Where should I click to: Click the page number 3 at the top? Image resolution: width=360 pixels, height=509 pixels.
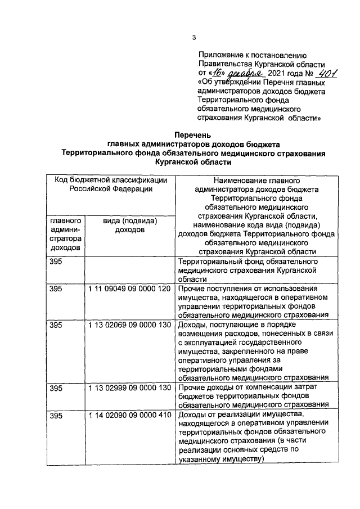193,38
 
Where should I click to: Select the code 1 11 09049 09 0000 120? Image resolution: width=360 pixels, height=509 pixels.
129,289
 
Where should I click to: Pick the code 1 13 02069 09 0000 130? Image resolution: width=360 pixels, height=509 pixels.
129,325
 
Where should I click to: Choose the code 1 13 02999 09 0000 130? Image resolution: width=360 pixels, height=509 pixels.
129,389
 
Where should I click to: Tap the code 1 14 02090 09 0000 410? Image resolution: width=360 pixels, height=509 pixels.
129,416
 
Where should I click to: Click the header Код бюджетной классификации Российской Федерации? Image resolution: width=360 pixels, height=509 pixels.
111,184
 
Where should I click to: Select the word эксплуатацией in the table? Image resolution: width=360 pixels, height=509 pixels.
213,343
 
